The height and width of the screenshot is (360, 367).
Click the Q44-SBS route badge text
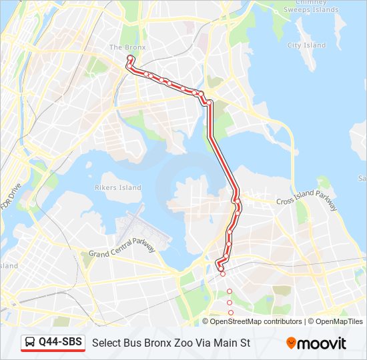coord(60,343)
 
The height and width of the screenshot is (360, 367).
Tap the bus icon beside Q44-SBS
coord(31,343)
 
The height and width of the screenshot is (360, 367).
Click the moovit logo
coord(316,343)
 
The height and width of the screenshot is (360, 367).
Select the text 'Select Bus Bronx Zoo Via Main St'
coord(171,343)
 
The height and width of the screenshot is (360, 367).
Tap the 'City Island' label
coord(306,45)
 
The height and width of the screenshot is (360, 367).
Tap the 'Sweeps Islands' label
coord(310,11)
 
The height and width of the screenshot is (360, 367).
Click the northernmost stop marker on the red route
coord(129,59)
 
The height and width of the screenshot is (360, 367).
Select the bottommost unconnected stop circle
coord(231,313)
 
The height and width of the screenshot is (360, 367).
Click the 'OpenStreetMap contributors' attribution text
coord(256,321)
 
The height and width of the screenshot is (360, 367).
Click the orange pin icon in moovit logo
coord(292,343)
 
